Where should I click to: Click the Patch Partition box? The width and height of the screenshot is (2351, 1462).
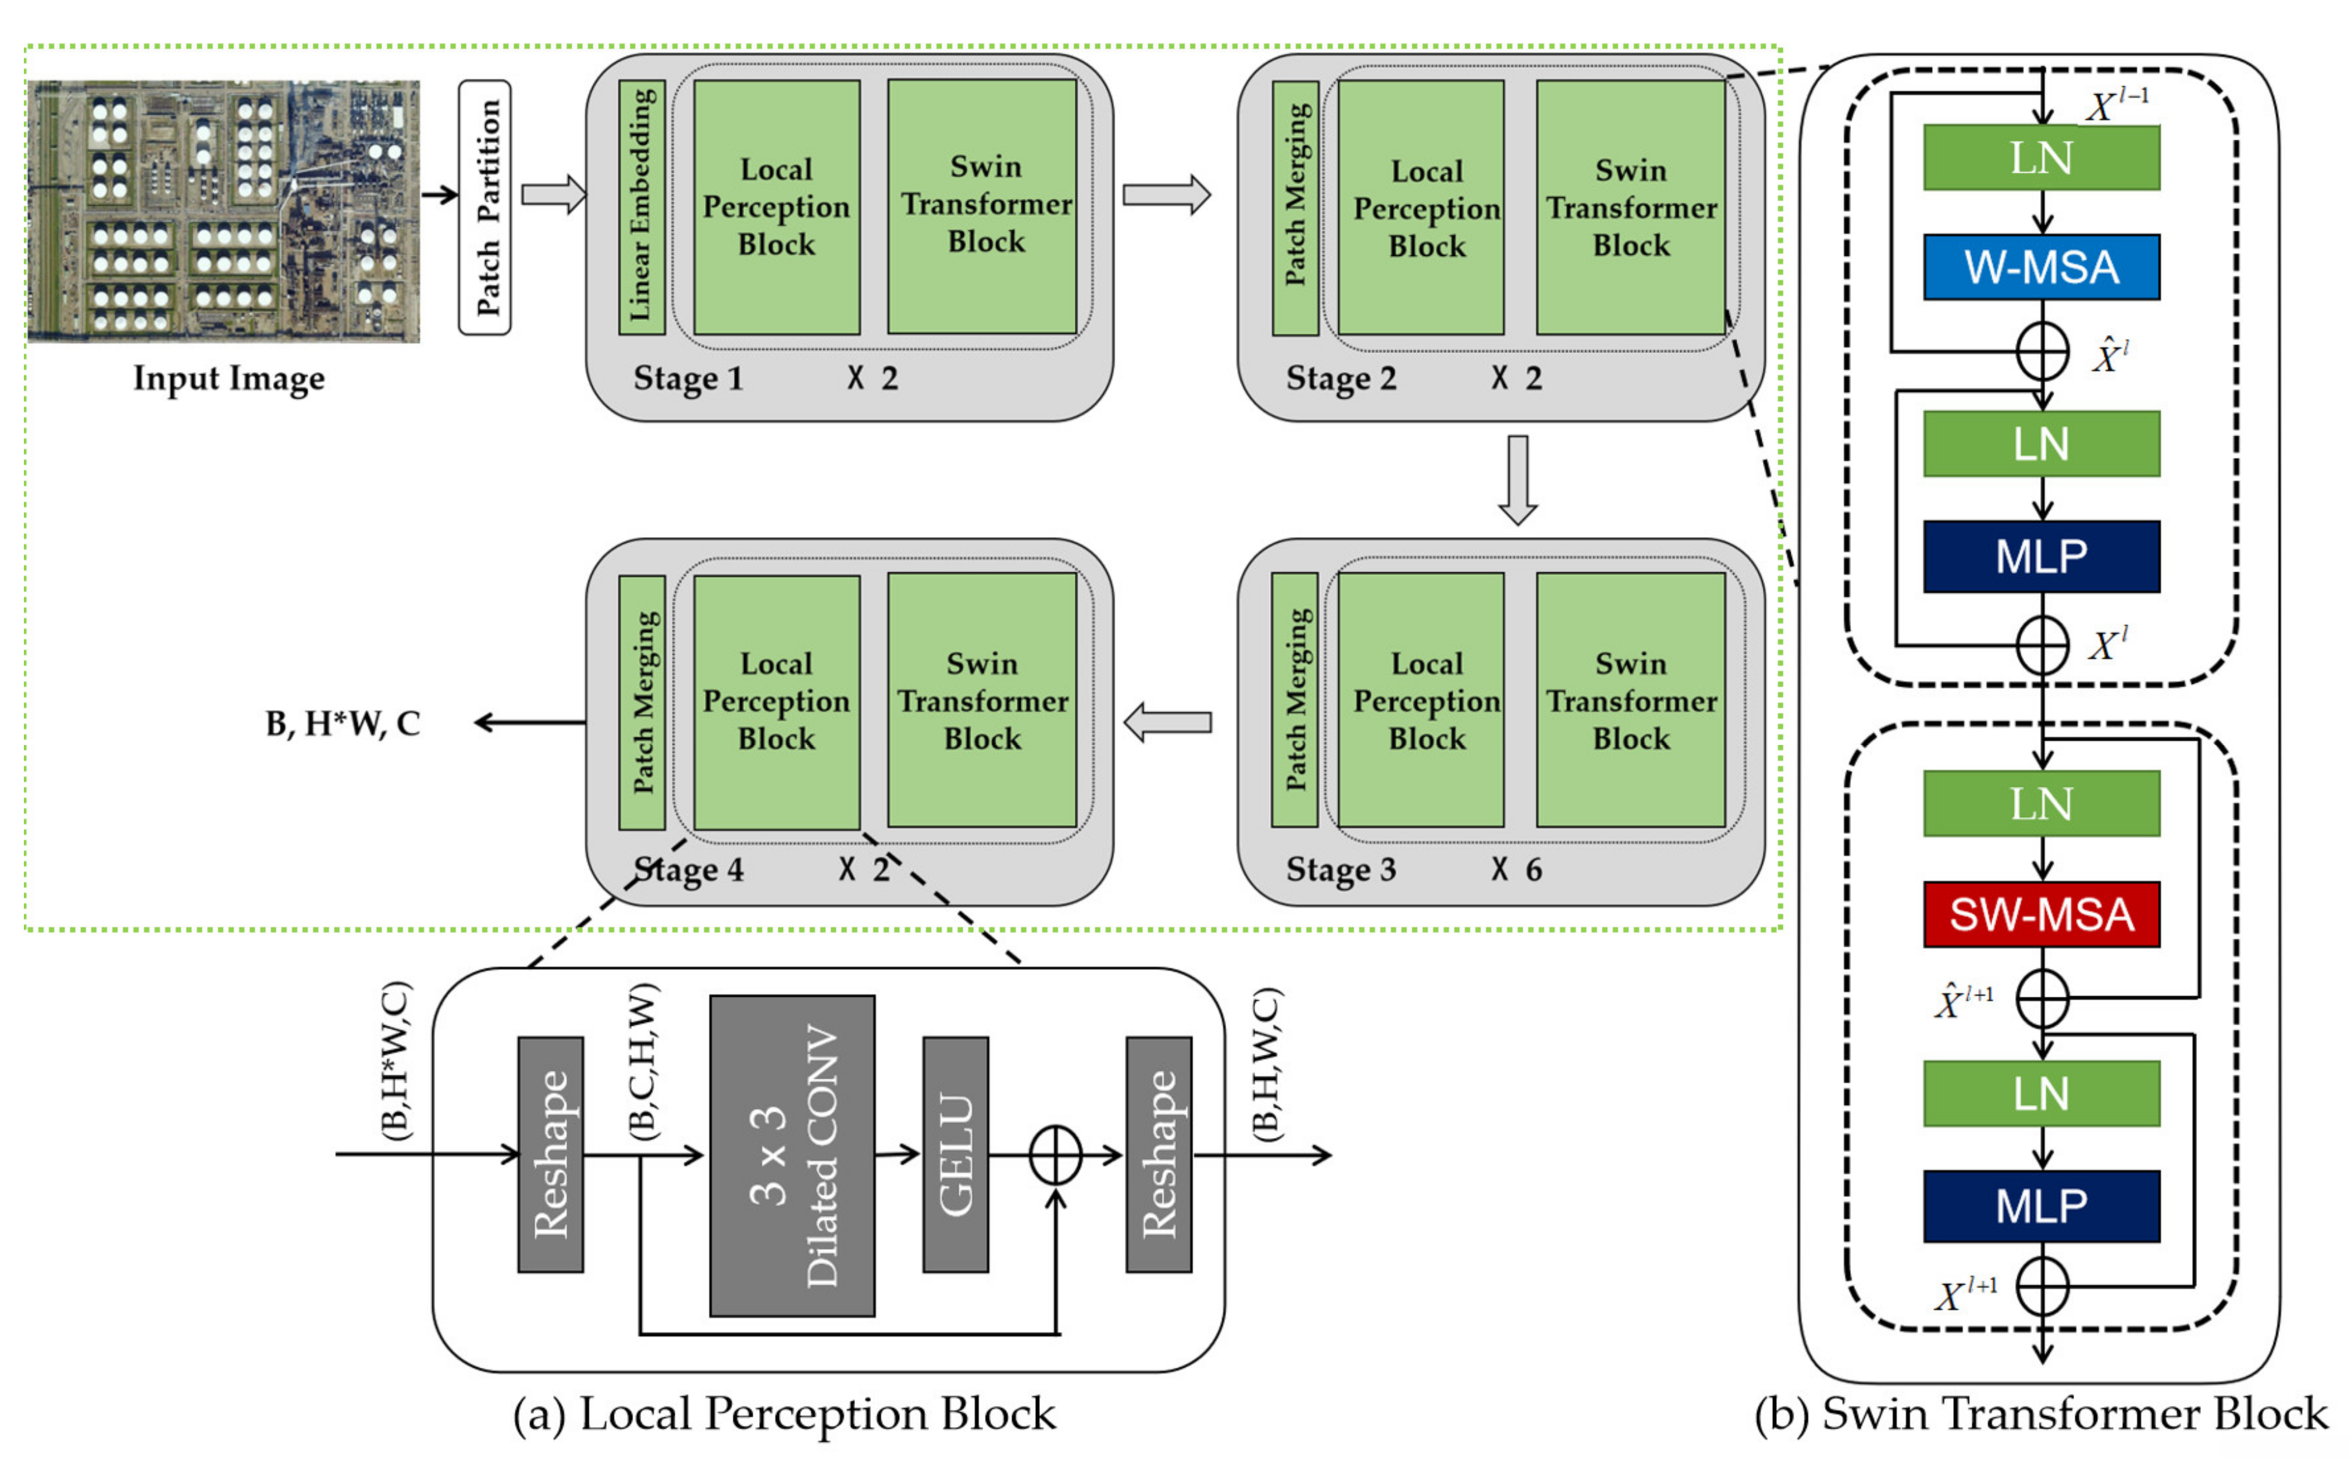click(485, 208)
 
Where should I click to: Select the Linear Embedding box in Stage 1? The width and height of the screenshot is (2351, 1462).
click(641, 207)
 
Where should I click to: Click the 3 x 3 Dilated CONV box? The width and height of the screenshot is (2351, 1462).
click(792, 1156)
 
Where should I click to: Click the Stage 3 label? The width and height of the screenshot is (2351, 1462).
click(1340, 869)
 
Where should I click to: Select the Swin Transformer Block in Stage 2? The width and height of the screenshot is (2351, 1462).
click(1630, 207)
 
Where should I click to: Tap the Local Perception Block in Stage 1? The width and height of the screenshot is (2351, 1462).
click(776, 207)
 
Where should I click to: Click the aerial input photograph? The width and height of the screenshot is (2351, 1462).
click(223, 211)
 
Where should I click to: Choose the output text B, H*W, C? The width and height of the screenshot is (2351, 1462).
click(343, 723)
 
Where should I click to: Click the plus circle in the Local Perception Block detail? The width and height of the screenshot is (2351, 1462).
click(1055, 1154)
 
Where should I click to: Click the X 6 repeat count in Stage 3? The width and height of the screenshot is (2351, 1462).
click(1516, 869)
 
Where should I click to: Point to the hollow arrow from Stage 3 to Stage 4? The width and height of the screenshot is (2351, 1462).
click(1167, 722)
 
